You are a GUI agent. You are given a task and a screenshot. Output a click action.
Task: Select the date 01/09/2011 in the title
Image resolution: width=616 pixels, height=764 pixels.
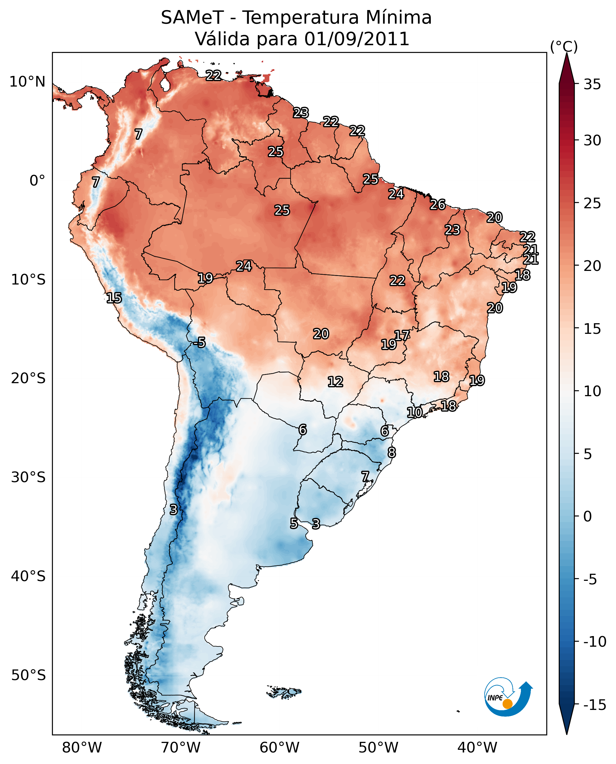[357, 39]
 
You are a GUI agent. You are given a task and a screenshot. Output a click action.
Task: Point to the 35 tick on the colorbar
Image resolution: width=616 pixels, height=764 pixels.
[592, 84]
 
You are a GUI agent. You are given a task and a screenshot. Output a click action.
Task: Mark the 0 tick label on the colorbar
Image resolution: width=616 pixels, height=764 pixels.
[588, 516]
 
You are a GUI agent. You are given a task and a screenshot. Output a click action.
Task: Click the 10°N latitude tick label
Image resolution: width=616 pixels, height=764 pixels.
[27, 82]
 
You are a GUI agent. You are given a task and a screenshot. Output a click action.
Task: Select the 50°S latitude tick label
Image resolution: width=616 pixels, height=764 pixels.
[28, 675]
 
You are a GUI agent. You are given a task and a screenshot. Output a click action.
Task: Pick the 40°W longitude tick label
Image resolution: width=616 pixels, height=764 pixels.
[477, 747]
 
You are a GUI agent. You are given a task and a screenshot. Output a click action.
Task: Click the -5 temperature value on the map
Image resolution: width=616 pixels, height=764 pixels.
[199, 343]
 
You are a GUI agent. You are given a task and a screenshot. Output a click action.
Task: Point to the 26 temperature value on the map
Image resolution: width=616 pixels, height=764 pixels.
[438, 205]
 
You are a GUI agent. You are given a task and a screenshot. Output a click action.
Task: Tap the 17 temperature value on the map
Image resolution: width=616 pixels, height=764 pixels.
[402, 336]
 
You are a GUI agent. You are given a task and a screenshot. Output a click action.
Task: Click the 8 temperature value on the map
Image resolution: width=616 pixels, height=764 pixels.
[391, 453]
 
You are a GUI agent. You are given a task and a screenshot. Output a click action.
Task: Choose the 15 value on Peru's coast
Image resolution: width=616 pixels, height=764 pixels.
[114, 298]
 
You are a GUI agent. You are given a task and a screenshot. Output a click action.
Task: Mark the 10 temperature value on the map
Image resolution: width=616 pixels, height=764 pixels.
[414, 412]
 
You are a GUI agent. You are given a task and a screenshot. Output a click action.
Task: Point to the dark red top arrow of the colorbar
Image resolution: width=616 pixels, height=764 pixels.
[567, 69]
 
